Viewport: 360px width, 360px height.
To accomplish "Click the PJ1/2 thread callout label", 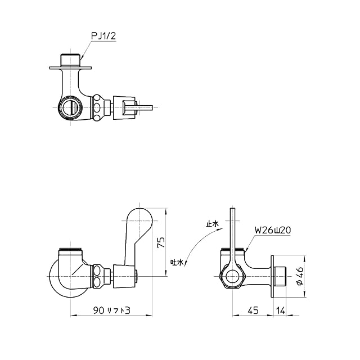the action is (x=103, y=36).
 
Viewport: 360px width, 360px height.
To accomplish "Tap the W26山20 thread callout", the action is (x=273, y=230).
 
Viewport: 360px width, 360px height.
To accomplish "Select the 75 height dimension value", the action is (x=161, y=242).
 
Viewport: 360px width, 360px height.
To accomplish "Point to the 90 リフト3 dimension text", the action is (x=112, y=310).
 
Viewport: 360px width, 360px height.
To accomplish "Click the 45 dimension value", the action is (x=253, y=310).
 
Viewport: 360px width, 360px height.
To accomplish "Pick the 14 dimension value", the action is (x=281, y=310).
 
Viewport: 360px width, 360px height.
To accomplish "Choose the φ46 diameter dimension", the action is (x=300, y=276).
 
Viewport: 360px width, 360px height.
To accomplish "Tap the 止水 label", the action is (x=213, y=224).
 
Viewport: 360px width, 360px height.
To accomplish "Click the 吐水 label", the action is (x=177, y=262).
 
